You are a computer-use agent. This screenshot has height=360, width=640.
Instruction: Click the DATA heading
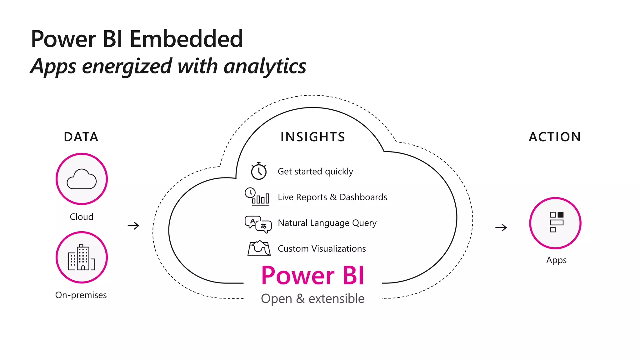tap(81, 137)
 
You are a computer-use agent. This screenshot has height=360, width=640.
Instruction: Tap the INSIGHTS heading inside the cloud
tap(313, 137)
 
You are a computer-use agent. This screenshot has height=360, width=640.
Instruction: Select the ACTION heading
tap(555, 137)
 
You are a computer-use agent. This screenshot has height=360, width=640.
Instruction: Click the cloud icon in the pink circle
tap(82, 179)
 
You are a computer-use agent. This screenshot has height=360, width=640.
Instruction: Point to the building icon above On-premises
tap(82, 257)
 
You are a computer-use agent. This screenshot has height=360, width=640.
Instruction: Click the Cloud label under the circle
tap(82, 217)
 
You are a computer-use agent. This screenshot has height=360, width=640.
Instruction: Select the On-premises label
tap(81, 295)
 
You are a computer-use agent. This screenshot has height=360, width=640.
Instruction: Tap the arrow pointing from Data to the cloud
tap(133, 226)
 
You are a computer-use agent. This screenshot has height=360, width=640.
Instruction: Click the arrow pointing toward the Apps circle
tap(501, 227)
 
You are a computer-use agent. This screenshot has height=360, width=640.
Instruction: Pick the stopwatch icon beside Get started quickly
tap(259, 171)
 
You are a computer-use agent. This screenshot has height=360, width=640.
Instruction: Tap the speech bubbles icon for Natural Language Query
tap(258, 224)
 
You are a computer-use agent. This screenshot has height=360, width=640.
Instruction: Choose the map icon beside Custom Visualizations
tap(259, 248)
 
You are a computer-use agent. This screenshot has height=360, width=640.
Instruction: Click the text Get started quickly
tap(315, 172)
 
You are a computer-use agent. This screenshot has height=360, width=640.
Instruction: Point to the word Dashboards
tap(363, 197)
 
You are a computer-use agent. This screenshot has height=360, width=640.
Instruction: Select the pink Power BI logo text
tap(313, 276)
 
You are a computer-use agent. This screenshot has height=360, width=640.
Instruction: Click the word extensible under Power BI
tap(336, 299)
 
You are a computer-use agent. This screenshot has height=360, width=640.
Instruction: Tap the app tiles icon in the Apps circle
tap(556, 222)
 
